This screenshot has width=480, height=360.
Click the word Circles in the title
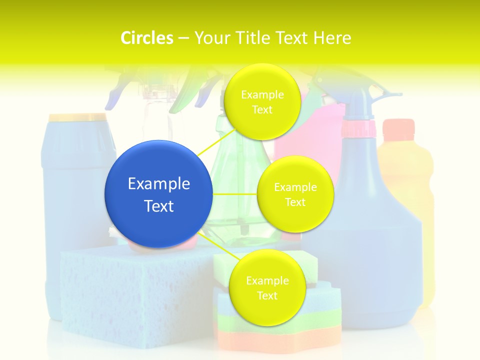coord(147,38)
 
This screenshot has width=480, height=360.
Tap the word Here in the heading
coord(332,38)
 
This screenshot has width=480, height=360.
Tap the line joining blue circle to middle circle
coord(235,194)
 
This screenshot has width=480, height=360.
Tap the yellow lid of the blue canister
coord(77,117)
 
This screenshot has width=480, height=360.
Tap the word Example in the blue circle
coord(159,184)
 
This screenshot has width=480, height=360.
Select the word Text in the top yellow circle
coord(262,109)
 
